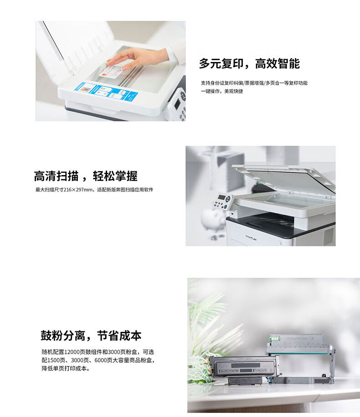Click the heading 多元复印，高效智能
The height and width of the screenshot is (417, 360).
[x=249, y=63]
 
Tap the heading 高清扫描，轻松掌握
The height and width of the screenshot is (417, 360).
[x=86, y=176]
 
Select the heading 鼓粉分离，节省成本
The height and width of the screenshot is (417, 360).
[x=91, y=335]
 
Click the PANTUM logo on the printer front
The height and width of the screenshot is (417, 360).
[x=251, y=237]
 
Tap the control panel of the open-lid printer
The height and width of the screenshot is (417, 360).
[x=223, y=201]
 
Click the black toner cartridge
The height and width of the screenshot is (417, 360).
[x=244, y=369]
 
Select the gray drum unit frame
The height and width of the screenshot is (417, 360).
[x=300, y=358]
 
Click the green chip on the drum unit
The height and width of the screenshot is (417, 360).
[x=274, y=339]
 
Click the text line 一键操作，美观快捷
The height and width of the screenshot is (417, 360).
[x=222, y=91]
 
